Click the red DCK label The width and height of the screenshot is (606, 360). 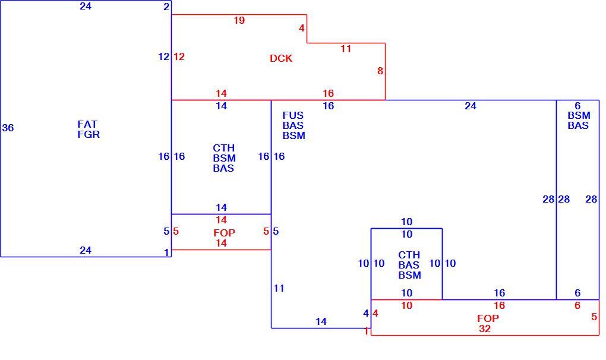point(281,58)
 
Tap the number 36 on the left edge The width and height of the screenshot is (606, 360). point(8,128)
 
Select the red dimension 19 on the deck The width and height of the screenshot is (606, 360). point(239,20)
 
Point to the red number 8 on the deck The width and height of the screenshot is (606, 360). point(380,71)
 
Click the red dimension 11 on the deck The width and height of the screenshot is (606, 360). point(346,49)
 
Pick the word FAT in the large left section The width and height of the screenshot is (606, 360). point(87,124)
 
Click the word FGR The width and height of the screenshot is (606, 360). point(89,134)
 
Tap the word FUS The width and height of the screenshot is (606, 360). point(293,115)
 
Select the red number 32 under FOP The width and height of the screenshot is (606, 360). point(485,329)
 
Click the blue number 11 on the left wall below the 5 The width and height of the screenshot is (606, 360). point(279,288)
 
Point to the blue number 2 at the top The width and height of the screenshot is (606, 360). point(166,7)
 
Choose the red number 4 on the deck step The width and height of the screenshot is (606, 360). point(301,28)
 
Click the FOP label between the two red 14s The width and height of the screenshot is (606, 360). point(224,233)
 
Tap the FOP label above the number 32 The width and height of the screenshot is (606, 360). point(488,318)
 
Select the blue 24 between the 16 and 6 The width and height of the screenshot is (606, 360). point(471,106)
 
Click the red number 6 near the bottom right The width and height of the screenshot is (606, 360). point(577,305)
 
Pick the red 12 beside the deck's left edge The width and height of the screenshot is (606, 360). point(179,57)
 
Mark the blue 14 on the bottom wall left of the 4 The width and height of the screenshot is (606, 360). point(321,321)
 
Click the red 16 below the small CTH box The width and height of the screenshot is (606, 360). point(499,305)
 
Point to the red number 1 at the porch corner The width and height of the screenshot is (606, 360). point(366,331)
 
